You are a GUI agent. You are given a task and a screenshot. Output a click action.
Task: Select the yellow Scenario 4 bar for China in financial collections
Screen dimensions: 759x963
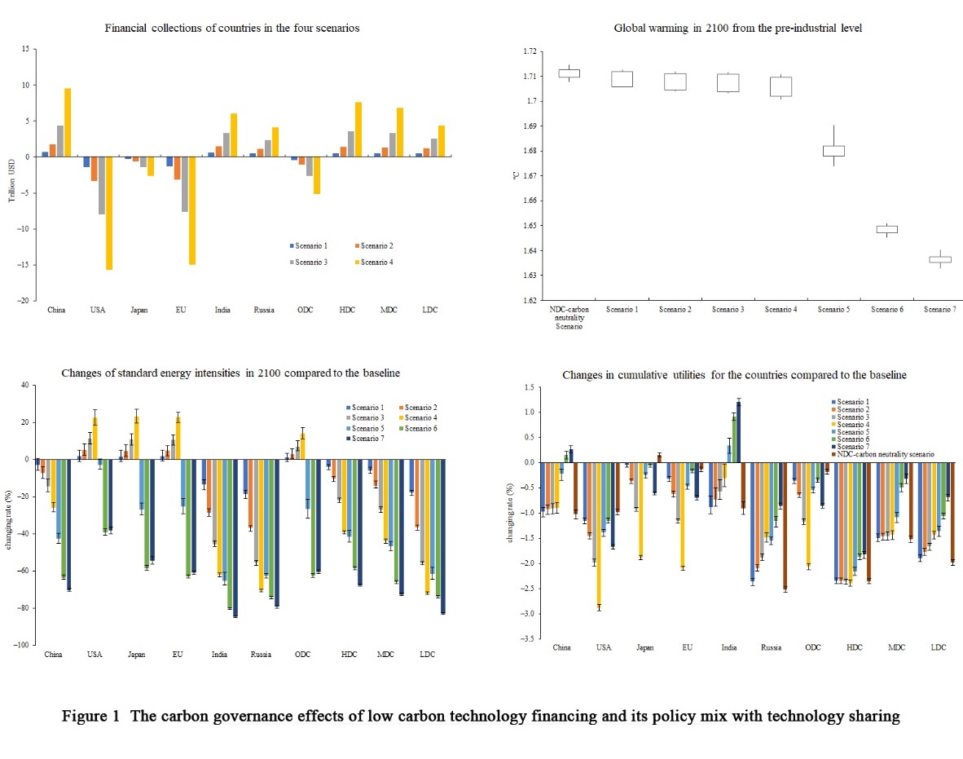(x=68, y=122)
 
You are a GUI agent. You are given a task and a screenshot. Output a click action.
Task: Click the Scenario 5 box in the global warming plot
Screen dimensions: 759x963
(x=833, y=151)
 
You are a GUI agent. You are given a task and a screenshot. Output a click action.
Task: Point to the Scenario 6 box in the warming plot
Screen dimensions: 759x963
(x=886, y=229)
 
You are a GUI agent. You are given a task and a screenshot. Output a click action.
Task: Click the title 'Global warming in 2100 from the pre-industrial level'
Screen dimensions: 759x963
(x=737, y=29)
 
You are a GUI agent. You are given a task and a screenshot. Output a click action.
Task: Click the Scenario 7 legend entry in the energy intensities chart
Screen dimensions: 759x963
(x=364, y=439)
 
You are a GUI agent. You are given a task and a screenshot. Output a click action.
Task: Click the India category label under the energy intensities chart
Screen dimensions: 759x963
(x=219, y=655)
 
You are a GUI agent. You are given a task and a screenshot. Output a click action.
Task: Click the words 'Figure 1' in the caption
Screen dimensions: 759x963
(x=89, y=717)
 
